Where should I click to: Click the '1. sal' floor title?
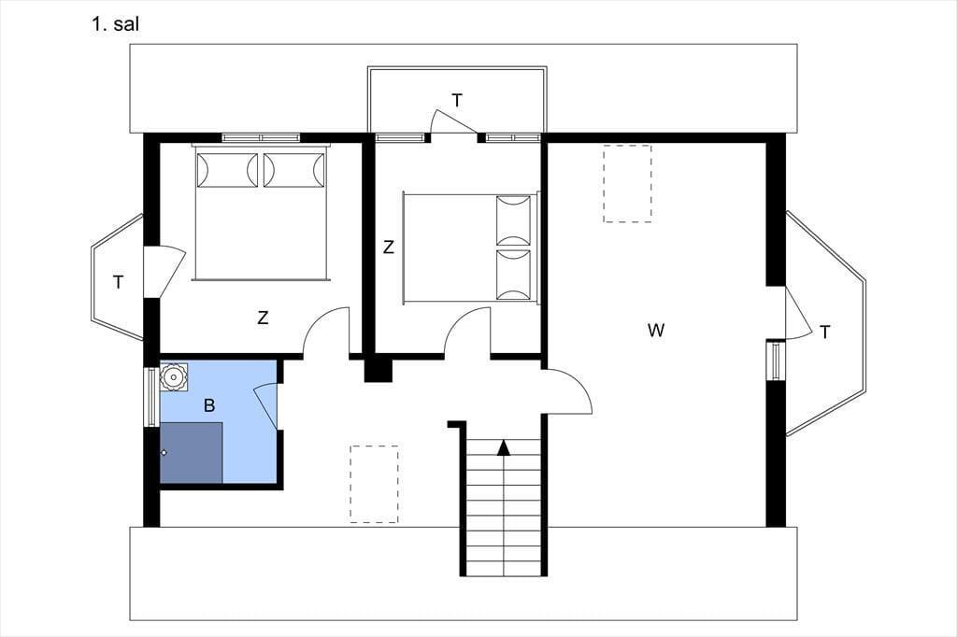pyautogui.click(x=115, y=24)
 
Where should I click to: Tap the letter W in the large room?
pyautogui.click(x=655, y=330)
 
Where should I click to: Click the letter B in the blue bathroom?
pyautogui.click(x=209, y=405)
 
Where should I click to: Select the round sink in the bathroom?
pyautogui.click(x=174, y=377)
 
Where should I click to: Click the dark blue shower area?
pyautogui.click(x=191, y=452)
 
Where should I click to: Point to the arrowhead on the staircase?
pyautogui.click(x=503, y=447)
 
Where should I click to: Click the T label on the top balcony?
pyautogui.click(x=457, y=101)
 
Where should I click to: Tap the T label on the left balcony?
pyautogui.click(x=119, y=282)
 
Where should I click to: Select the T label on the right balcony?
pyautogui.click(x=825, y=333)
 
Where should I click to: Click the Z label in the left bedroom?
pyautogui.click(x=263, y=318)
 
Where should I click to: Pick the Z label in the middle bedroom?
pyautogui.click(x=388, y=248)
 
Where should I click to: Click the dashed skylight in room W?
pyautogui.click(x=627, y=184)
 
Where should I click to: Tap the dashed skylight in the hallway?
pyautogui.click(x=374, y=484)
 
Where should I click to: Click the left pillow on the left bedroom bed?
pyautogui.click(x=227, y=170)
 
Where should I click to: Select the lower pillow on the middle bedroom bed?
pyautogui.click(x=513, y=275)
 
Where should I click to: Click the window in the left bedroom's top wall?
pyautogui.click(x=261, y=138)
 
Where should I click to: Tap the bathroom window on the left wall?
pyautogui.click(x=150, y=397)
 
